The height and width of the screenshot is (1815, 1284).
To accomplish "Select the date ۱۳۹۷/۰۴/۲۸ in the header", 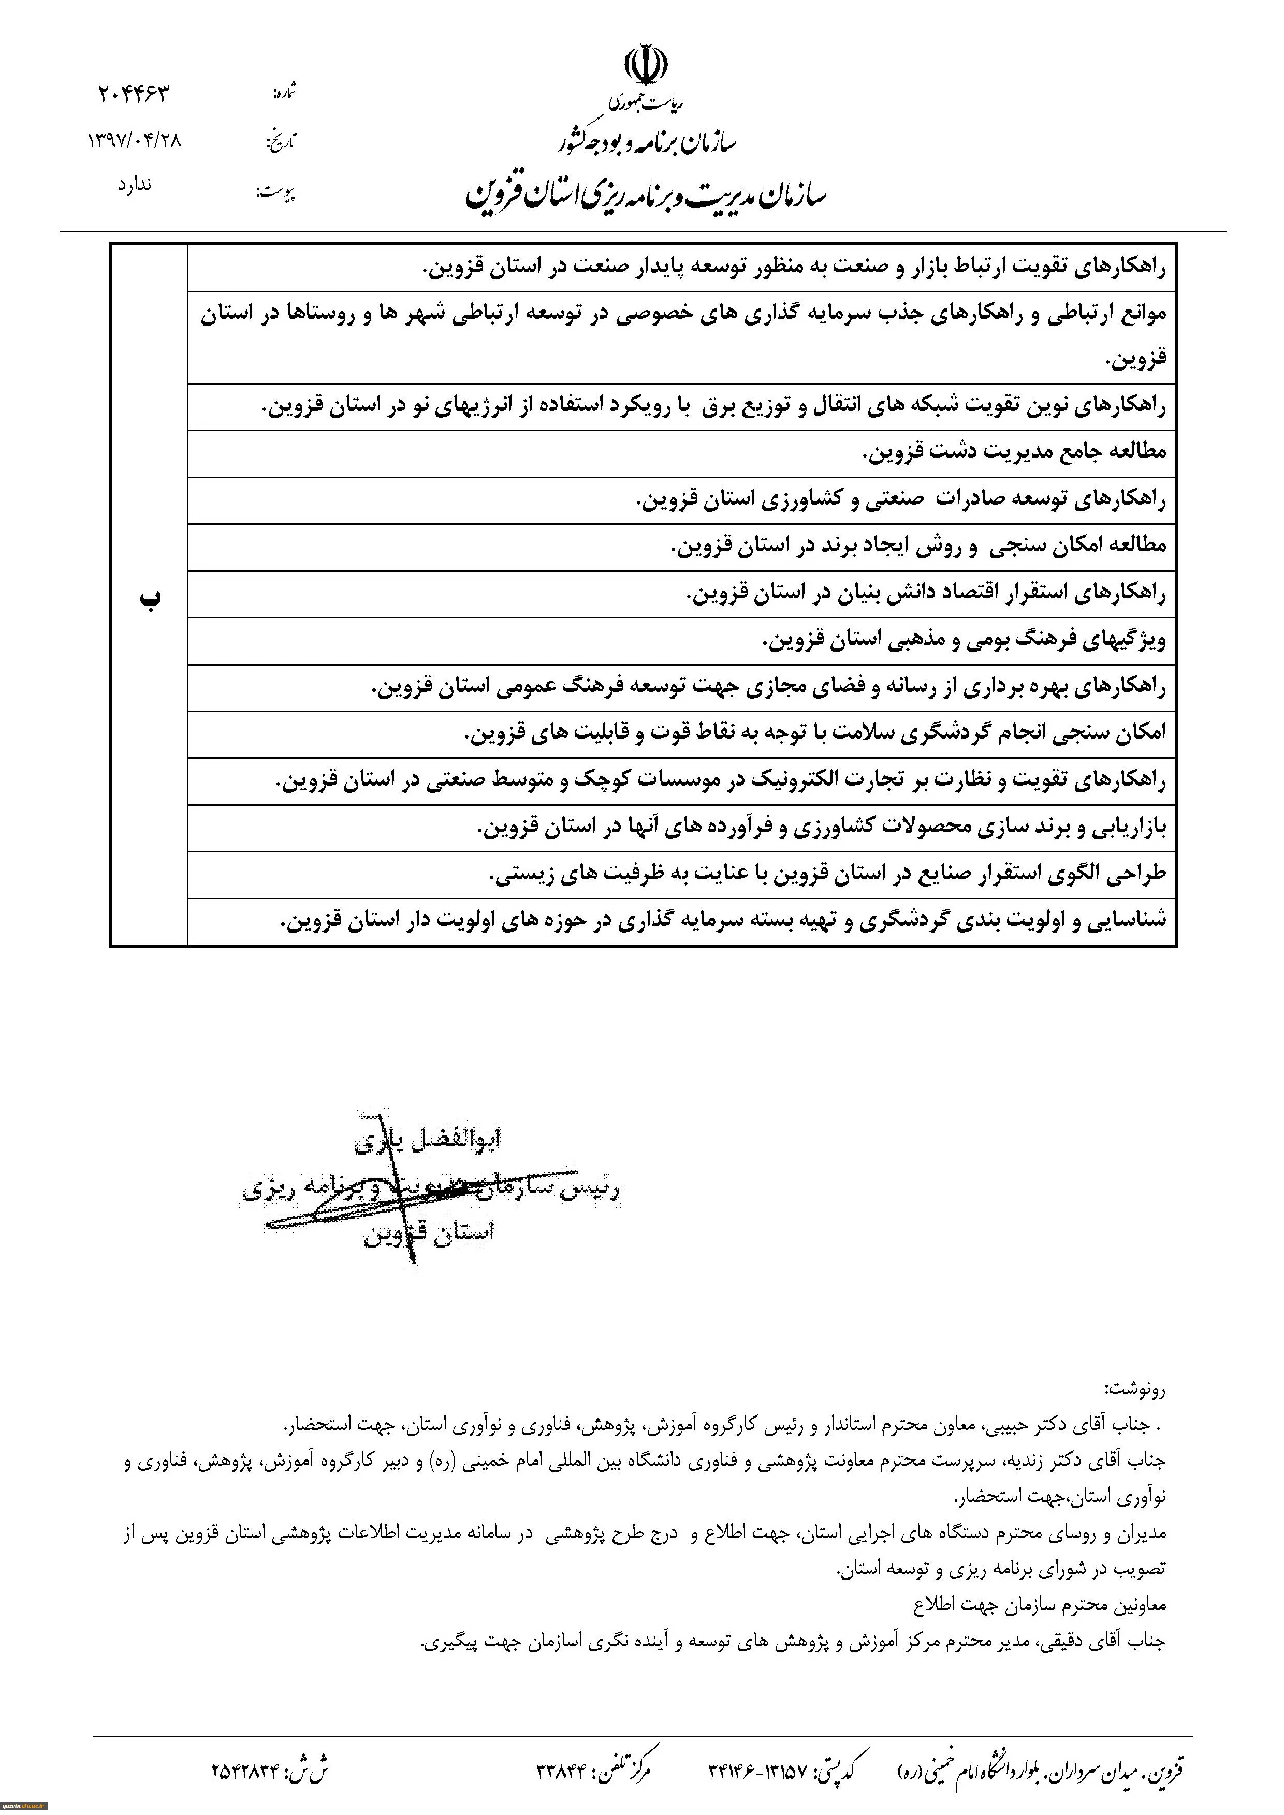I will tap(135, 141).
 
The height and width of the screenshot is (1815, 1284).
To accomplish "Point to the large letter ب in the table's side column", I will tap(150, 598).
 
